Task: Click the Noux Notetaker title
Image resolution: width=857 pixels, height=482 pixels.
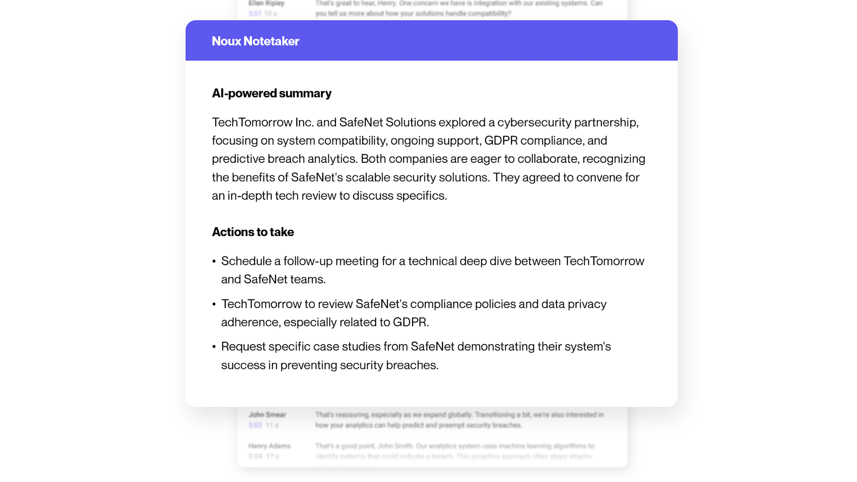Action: coord(255,41)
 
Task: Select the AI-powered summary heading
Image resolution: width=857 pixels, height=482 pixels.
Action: coord(271,93)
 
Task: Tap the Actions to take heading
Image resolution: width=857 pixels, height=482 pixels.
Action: coord(253,232)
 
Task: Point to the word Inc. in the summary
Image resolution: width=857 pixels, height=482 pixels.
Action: coord(304,123)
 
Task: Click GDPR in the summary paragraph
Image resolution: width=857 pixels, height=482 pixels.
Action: coord(501,141)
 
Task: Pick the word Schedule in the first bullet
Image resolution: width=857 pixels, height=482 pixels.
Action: coord(246,261)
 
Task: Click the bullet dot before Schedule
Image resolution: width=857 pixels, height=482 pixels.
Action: coord(214,262)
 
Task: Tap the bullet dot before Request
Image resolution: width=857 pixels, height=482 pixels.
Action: coord(214,347)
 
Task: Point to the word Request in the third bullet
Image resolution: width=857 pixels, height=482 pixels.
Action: coord(243,347)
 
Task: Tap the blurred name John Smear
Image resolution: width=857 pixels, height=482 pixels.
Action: coord(267,415)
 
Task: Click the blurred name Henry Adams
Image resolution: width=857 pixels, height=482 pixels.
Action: coord(269,446)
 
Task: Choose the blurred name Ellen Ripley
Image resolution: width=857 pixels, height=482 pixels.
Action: coord(266,3)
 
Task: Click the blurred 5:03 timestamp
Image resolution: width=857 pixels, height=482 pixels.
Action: coord(255,425)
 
